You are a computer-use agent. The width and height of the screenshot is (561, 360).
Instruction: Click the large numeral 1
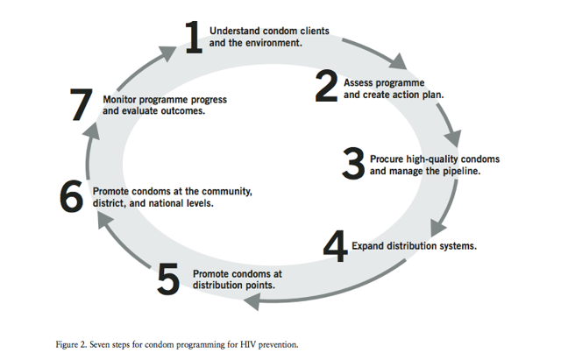[194, 37]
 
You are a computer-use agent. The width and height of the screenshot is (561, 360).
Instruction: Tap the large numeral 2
[326, 86]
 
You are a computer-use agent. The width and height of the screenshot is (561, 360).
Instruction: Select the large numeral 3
[353, 163]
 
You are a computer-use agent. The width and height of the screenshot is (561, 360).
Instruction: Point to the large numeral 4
[335, 246]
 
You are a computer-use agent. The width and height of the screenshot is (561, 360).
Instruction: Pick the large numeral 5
[168, 279]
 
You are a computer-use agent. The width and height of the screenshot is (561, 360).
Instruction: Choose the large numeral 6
[72, 196]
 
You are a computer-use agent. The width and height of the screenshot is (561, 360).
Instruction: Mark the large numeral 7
[82, 104]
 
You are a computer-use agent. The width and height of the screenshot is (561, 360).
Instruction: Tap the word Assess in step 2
[359, 83]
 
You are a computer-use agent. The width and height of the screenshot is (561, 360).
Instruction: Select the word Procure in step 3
[387, 159]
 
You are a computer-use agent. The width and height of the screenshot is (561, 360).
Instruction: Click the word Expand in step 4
[368, 246]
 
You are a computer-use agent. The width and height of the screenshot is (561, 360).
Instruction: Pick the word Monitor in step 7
[119, 99]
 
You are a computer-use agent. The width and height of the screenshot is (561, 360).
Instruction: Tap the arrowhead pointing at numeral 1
[167, 53]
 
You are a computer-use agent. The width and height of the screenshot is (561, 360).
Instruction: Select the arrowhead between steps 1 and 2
[398, 61]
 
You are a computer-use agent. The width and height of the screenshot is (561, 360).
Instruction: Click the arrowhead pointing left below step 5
[252, 301]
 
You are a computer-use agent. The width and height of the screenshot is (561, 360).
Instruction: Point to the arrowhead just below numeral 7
[91, 131]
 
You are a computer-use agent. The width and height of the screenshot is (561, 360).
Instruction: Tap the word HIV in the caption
[247, 344]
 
